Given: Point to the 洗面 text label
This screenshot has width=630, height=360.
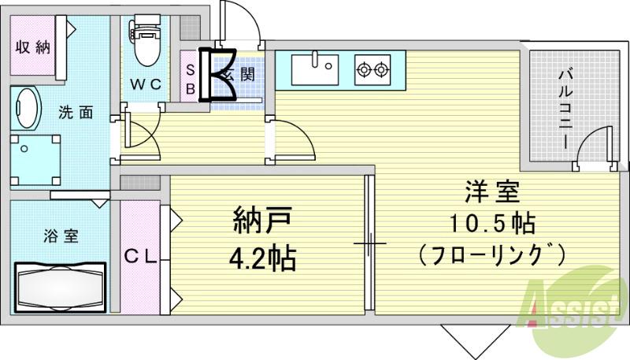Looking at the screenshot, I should (x=76, y=113).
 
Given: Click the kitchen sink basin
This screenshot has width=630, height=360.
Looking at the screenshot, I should (x=314, y=69).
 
